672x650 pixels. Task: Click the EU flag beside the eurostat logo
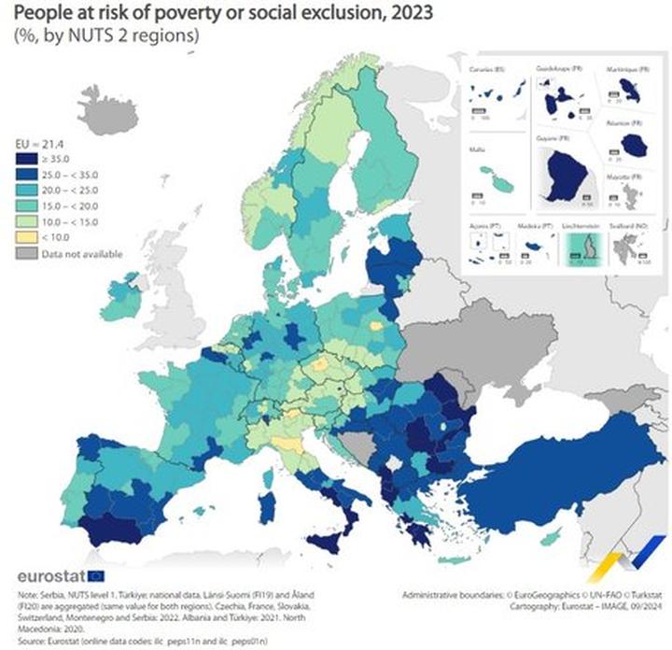(x=96, y=576)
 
